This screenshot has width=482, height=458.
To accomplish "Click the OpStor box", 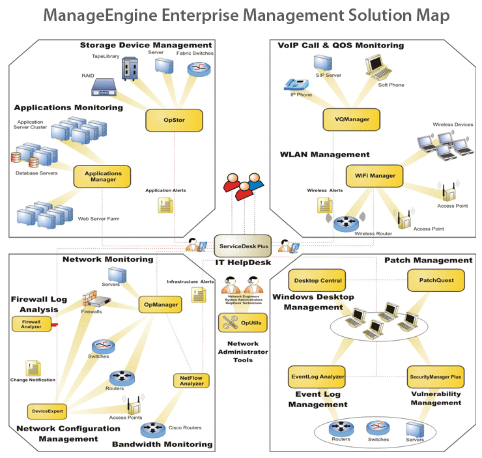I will point(174,120).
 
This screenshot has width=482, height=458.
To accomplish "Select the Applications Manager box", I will point(102,177).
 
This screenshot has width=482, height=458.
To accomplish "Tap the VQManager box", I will point(351,120).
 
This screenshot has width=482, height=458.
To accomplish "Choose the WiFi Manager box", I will point(375,175).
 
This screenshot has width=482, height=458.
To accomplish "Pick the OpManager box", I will point(163,304).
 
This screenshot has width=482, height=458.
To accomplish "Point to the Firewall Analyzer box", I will point(31,323).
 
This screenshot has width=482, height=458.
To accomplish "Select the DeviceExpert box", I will point(47,411).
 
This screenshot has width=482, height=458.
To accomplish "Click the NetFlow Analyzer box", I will point(191,380).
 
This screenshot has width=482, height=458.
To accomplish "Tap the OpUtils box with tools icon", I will point(243,322).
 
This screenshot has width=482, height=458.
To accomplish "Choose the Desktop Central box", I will point(317,281).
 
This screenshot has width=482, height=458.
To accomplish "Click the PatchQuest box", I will point(436,281).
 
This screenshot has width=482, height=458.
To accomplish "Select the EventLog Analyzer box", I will point(317,376).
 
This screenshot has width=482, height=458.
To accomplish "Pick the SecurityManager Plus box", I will point(436,376).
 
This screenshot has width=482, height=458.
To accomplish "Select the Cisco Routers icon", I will point(152,429).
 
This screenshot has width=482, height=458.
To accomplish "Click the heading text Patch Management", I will point(428,260).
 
